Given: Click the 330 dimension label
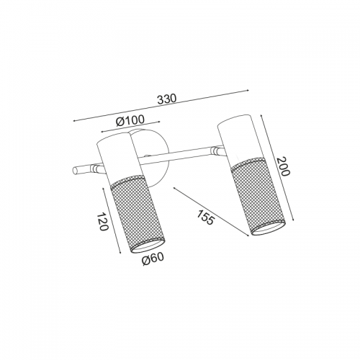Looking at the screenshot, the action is click(167, 99).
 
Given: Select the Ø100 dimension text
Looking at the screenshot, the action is click(130, 121).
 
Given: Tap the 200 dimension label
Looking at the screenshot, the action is click(283, 166).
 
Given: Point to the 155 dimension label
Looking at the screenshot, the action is click(205, 217).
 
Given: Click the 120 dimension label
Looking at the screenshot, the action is click(102, 222).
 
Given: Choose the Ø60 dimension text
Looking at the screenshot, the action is click(153, 259).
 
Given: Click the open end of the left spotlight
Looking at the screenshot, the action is click(145, 246).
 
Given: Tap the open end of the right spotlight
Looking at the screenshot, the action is click(268, 228).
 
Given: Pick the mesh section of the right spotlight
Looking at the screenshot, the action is click(258, 196).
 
